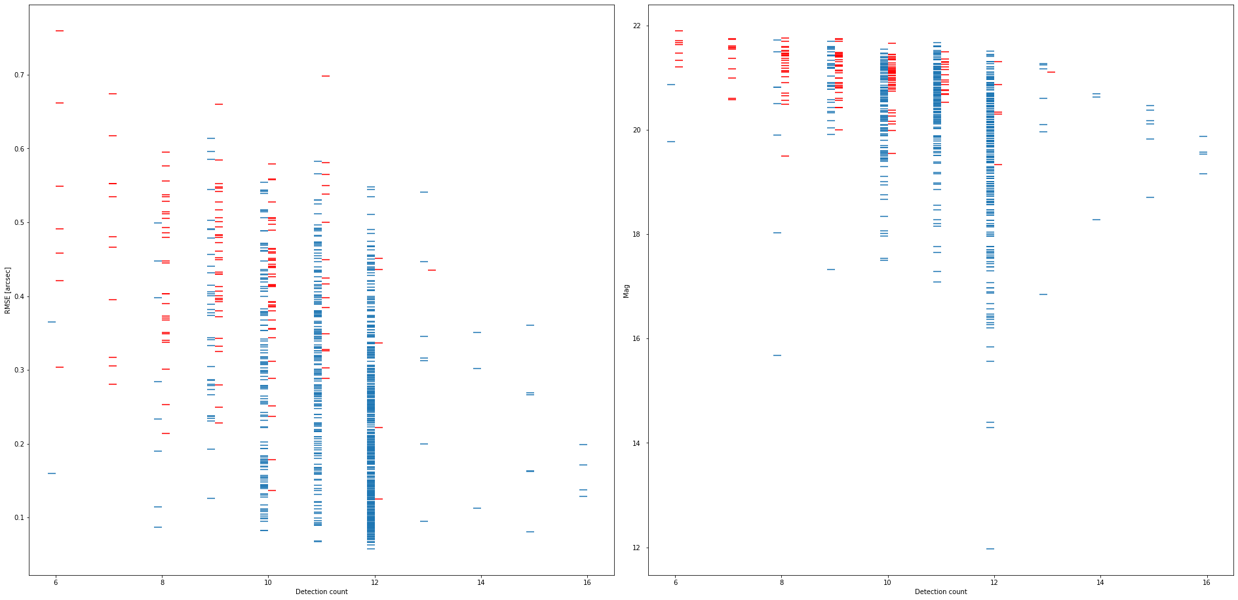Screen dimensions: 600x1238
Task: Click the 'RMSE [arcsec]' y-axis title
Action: tap(8, 290)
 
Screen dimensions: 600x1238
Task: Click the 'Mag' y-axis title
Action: tap(627, 290)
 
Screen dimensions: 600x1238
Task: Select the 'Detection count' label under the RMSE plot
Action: tap(321, 591)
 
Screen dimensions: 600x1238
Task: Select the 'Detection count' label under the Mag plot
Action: tap(940, 591)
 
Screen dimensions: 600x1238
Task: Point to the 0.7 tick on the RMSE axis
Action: tap(18, 75)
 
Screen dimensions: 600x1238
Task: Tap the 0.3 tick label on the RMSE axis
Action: tap(18, 370)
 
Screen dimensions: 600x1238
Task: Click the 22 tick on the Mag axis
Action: tap(637, 26)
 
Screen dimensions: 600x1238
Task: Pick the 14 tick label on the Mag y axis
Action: tap(637, 443)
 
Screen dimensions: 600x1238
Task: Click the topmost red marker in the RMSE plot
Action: tap(60, 31)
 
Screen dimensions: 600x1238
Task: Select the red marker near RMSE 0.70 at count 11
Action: tap(326, 76)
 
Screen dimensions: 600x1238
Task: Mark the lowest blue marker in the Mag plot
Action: tap(990, 549)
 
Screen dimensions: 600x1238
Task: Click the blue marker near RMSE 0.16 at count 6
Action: tap(52, 473)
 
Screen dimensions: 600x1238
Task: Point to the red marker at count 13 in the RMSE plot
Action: tap(432, 270)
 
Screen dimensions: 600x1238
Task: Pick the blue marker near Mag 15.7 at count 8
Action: tap(777, 355)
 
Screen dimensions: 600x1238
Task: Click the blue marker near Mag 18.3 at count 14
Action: tap(1096, 220)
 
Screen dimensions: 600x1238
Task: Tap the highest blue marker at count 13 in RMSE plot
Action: tap(424, 192)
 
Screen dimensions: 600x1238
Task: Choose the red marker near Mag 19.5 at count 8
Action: tap(785, 156)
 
